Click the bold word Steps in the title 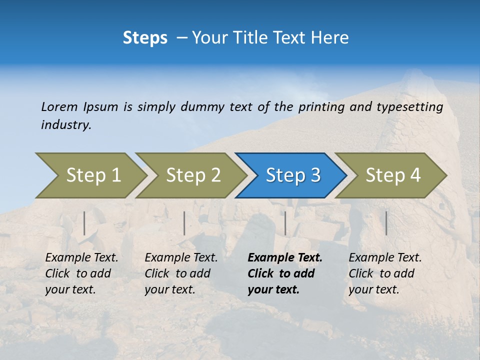(145, 37)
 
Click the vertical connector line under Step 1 (84, 223)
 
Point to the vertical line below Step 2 (184, 223)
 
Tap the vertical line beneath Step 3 (285, 223)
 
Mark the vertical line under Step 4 (386, 223)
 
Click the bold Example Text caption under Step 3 (285, 273)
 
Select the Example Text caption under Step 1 (81, 273)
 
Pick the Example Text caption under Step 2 (181, 273)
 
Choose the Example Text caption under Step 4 (385, 273)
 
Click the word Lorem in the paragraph (59, 107)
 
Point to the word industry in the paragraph (65, 125)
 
